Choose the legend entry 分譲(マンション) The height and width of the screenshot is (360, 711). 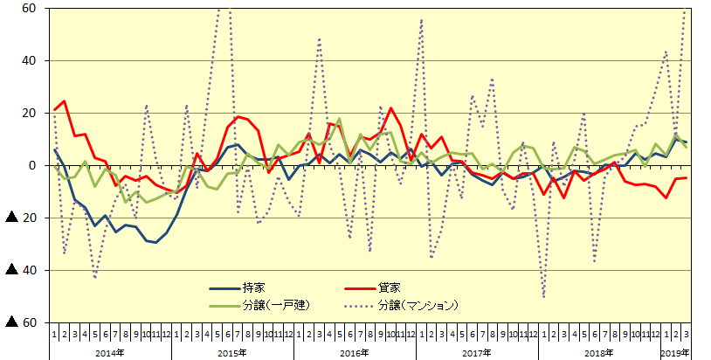coord(418,305)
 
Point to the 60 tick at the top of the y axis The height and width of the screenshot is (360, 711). coord(30,9)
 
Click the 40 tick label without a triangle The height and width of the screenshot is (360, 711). coord(30,61)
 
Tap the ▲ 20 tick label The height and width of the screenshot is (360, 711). coord(24,218)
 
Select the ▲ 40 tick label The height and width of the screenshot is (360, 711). coord(24,270)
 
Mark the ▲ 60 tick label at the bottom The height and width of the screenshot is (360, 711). coord(24,322)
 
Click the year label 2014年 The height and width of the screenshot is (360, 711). coord(110,352)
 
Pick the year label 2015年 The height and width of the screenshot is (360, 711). coord(232,352)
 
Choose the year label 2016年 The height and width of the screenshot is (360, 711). coord(355,352)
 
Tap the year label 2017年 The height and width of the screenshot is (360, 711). coord(477,352)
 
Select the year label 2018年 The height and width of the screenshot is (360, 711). coord(599,352)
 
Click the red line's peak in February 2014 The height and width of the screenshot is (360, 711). coord(64,101)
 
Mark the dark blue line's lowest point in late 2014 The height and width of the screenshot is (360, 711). coord(156,242)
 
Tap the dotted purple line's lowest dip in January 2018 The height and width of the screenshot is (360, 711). coord(543,298)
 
